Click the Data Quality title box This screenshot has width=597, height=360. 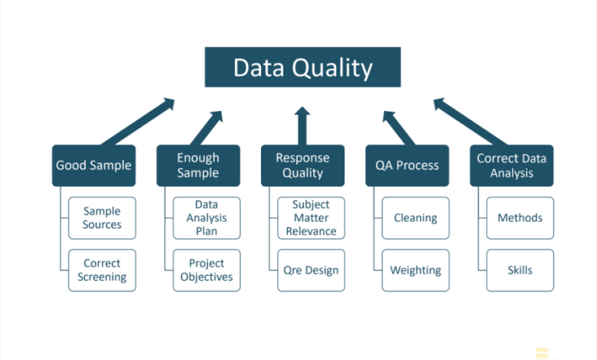(x=302, y=67)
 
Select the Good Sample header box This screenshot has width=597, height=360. (x=93, y=165)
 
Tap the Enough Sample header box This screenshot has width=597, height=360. (x=198, y=165)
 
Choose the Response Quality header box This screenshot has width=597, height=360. (x=302, y=165)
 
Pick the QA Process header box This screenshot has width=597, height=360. (x=406, y=165)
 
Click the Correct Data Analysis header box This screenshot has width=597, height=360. (x=511, y=165)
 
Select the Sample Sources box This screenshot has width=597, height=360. (x=102, y=218)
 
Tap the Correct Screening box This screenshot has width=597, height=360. (x=102, y=270)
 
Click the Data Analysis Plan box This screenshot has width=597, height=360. (x=206, y=218)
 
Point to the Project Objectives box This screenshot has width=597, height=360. (x=206, y=270)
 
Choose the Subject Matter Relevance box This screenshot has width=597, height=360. (x=311, y=218)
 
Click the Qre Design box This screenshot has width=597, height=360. (x=311, y=270)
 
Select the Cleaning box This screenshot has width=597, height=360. (x=415, y=218)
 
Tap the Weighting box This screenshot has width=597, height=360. (x=415, y=270)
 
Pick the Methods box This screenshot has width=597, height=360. (x=520, y=218)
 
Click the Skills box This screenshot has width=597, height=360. (x=520, y=270)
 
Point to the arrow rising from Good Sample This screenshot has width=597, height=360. (x=138, y=121)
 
